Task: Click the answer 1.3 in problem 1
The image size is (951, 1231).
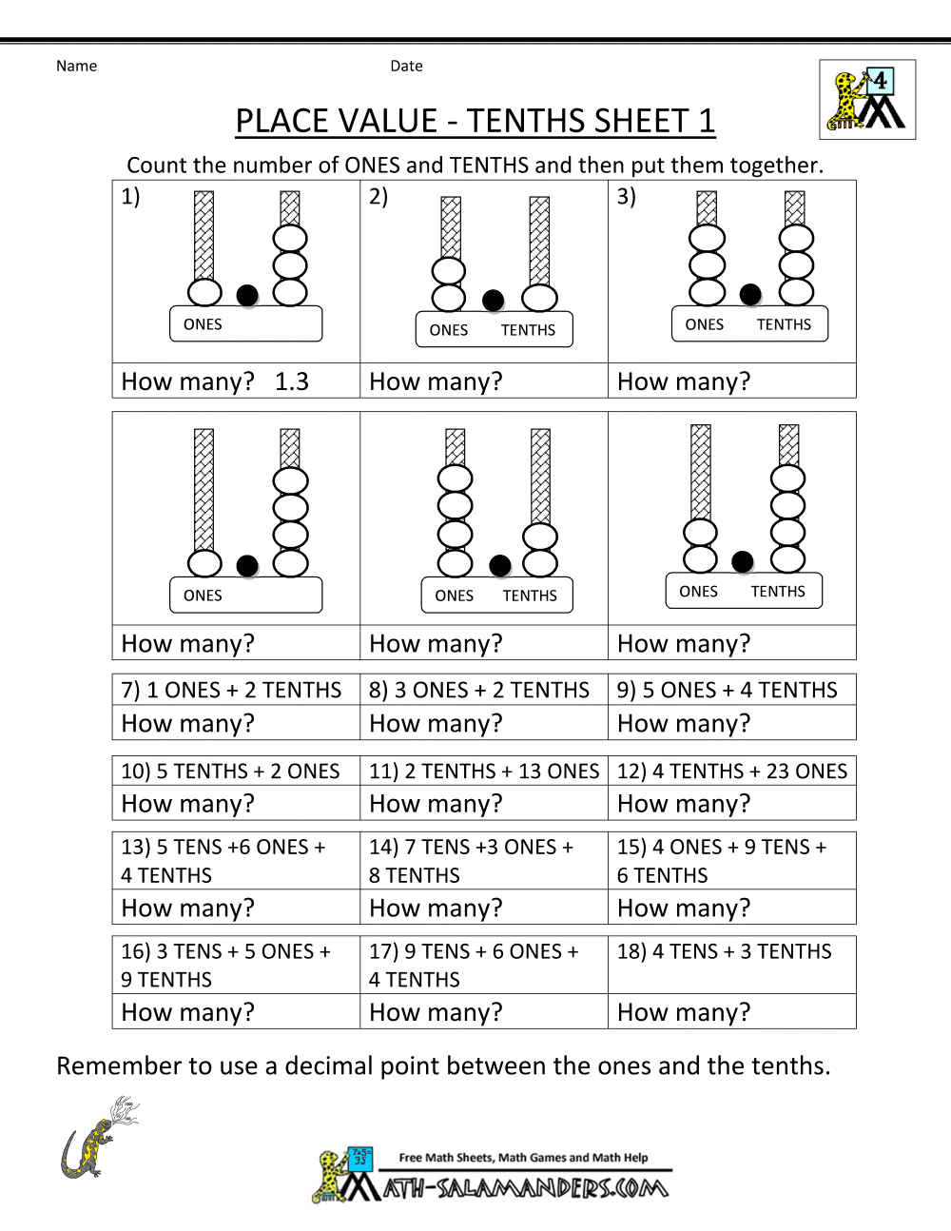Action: [291, 381]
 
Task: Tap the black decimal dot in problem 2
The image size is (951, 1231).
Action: [493, 301]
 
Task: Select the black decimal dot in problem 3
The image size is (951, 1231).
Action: [750, 294]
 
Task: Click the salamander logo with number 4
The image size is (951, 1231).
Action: [866, 100]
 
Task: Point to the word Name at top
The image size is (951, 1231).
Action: [76, 66]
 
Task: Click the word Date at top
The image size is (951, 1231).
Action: [406, 66]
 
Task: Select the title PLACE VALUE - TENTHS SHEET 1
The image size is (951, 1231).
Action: [475, 121]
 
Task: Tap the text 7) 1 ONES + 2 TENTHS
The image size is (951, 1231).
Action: [231, 690]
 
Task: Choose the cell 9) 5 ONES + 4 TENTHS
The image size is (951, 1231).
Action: [728, 690]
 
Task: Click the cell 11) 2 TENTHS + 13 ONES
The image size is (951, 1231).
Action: [484, 771]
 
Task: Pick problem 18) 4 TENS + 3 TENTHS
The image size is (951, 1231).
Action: [725, 951]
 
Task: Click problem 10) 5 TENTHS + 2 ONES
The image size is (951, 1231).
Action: [230, 771]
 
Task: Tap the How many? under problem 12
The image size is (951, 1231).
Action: [684, 804]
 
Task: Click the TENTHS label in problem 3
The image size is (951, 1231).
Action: [784, 324]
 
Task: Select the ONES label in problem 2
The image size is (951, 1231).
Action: [449, 330]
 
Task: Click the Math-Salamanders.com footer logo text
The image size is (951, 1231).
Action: [525, 1187]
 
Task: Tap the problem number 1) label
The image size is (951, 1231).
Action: [130, 196]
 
